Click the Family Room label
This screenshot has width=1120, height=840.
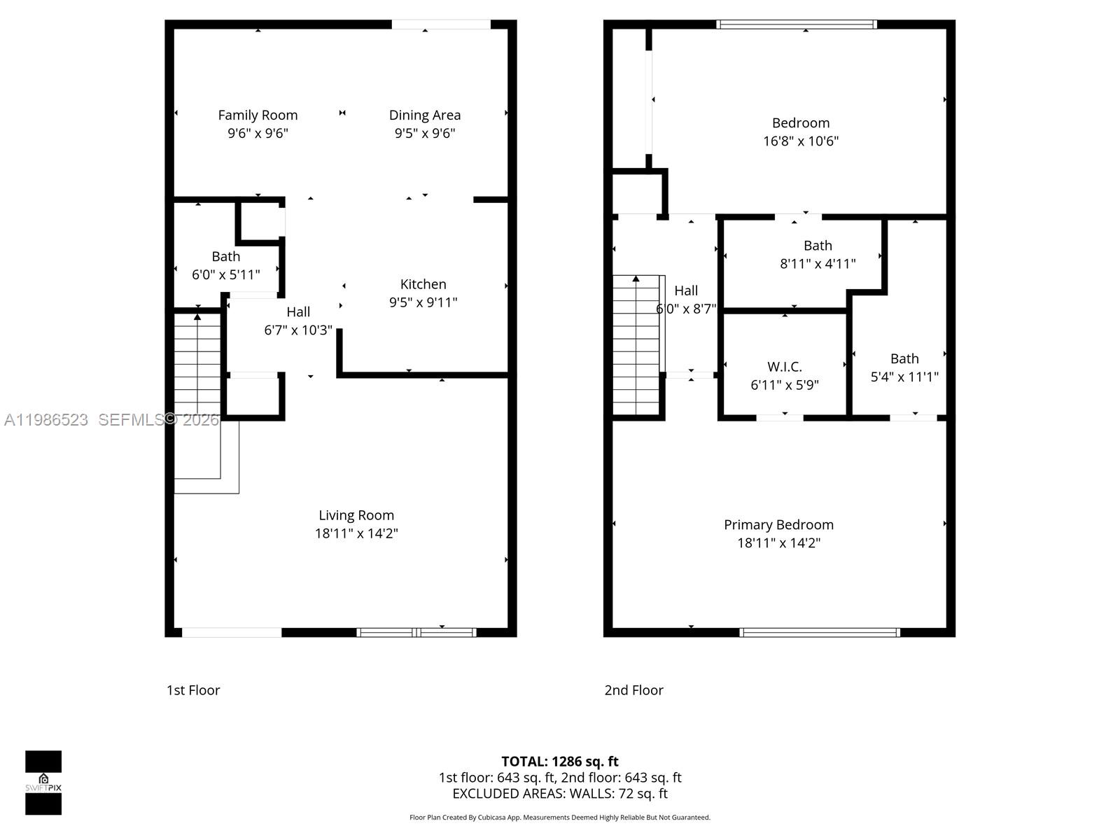tap(258, 115)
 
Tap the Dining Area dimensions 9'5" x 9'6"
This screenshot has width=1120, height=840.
tap(425, 133)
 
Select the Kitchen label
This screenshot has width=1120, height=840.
tap(423, 283)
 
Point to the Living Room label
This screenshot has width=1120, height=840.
tap(356, 515)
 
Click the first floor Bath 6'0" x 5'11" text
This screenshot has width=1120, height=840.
tap(225, 274)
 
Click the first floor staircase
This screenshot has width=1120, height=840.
tap(198, 364)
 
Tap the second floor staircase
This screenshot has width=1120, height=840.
tap(636, 346)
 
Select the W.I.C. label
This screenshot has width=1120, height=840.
tap(784, 367)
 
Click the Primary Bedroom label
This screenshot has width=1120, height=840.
tap(778, 524)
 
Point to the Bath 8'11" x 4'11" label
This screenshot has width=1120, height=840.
tap(818, 246)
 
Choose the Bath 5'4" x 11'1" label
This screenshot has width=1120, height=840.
tap(904, 358)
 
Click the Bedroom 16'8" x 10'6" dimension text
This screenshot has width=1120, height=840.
tap(801, 141)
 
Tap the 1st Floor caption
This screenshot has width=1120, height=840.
tap(193, 690)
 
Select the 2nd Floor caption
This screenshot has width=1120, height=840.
tap(633, 690)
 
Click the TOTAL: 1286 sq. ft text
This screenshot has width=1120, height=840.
tap(560, 761)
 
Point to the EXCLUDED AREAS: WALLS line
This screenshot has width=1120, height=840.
tap(560, 793)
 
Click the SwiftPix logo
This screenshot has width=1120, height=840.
tap(43, 783)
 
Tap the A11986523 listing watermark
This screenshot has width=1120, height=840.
tap(46, 419)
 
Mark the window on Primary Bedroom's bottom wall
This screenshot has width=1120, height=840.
tap(820, 632)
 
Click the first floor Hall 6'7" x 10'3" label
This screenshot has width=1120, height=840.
tap(298, 311)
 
